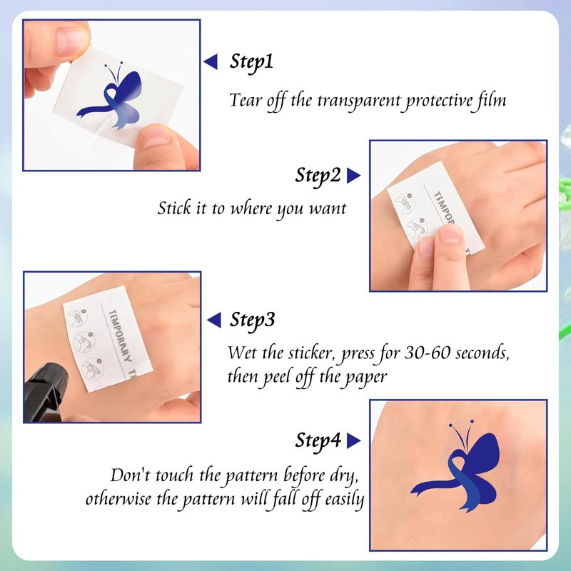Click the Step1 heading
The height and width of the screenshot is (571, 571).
click(x=251, y=62)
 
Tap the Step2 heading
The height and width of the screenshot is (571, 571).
click(x=318, y=176)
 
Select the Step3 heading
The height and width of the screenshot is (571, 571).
click(x=252, y=320)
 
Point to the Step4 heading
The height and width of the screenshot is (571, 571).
click(x=318, y=441)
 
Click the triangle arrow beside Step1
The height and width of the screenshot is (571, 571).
click(x=211, y=61)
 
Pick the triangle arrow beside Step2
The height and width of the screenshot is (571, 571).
click(x=353, y=176)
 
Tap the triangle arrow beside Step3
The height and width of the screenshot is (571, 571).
click(x=214, y=320)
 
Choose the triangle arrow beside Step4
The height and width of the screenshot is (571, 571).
click(x=353, y=440)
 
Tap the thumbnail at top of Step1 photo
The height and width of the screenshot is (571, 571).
click(x=73, y=41)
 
